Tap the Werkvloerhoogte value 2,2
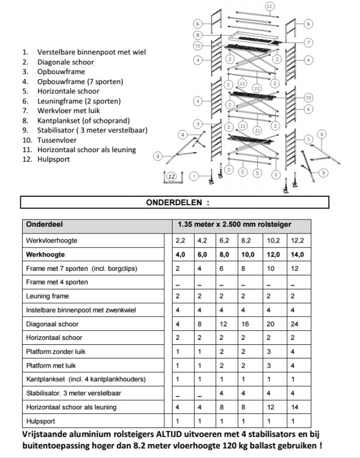(179, 241)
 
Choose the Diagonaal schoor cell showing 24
(293, 324)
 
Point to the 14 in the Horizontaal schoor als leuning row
(293, 407)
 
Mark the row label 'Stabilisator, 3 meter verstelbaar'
(74, 393)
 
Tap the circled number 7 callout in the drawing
(308, 42)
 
